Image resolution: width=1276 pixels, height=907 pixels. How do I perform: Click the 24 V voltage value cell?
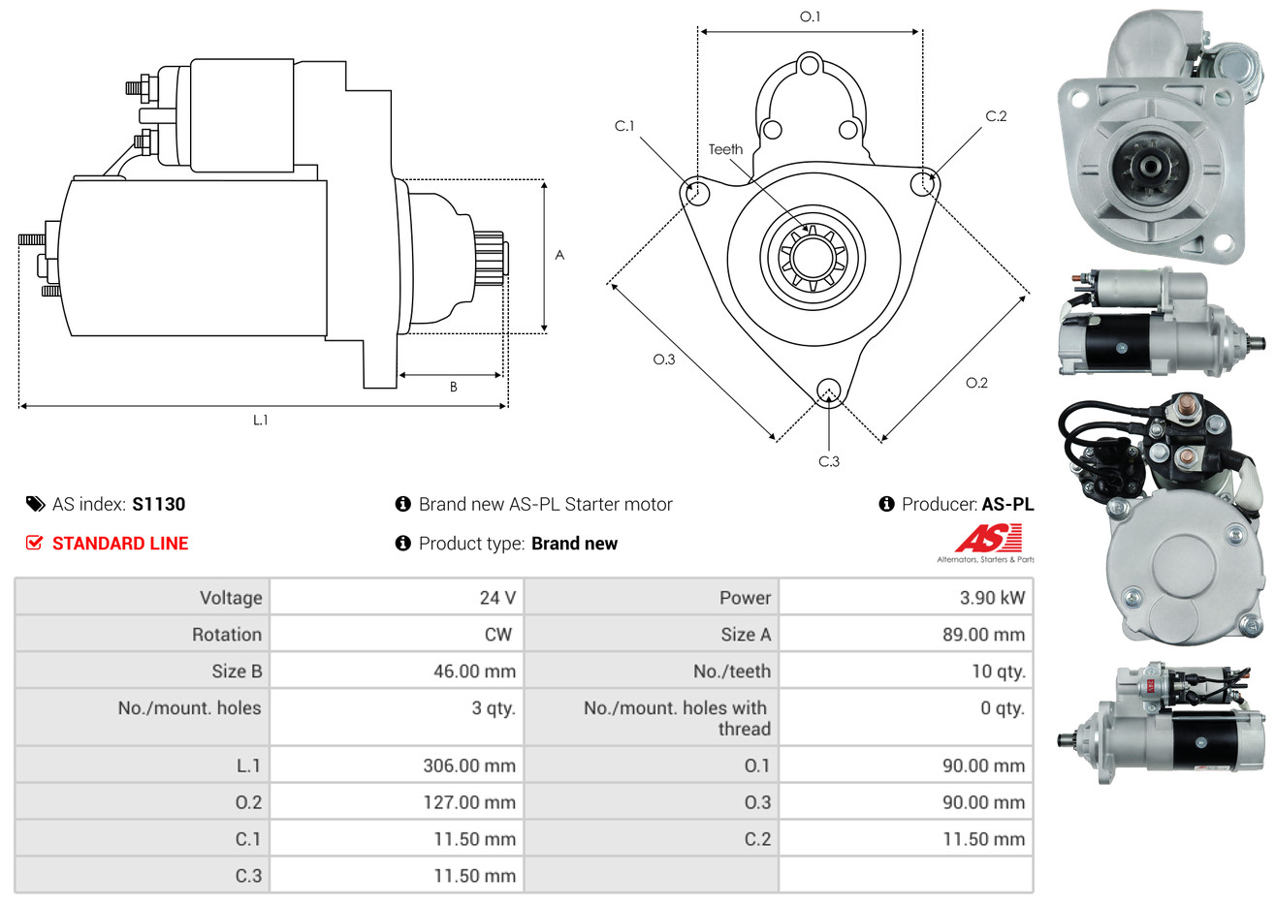[497, 598]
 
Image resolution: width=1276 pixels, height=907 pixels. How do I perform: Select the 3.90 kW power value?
[992, 598]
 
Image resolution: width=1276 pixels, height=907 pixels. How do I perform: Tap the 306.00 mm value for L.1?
[469, 766]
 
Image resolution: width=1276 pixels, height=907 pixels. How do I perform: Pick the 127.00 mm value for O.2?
[469, 802]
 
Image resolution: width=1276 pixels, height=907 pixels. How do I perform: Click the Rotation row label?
[227, 635]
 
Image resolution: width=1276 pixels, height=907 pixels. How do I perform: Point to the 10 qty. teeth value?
[998, 672]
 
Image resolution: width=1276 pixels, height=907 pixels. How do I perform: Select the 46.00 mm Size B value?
[474, 672]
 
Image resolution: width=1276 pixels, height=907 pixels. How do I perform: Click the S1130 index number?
[158, 505]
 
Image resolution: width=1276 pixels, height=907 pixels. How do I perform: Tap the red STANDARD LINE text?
[120, 544]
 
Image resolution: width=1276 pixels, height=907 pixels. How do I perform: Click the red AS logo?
[989, 538]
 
